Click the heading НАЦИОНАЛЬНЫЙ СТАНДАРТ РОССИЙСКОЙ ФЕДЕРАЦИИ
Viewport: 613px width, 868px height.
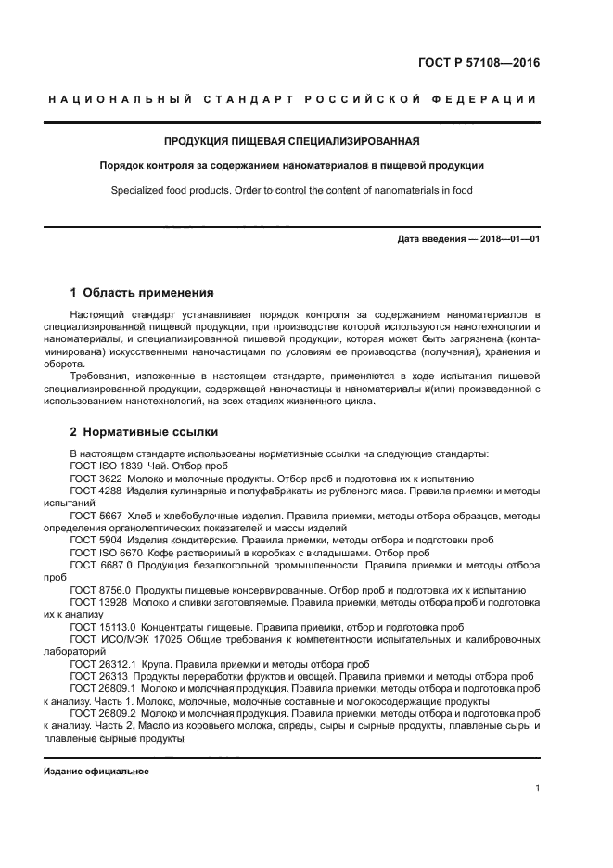click(291, 100)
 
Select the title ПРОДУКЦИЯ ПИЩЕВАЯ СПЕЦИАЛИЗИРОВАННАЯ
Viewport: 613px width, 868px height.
click(291, 142)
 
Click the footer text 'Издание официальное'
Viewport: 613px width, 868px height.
click(96, 772)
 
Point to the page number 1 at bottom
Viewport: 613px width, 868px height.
click(537, 788)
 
